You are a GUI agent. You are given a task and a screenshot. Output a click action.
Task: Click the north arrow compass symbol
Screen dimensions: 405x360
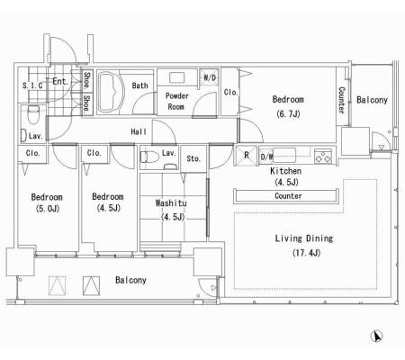(x=376, y=336)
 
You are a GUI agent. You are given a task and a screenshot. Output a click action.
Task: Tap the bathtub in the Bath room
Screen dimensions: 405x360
(x=111, y=92)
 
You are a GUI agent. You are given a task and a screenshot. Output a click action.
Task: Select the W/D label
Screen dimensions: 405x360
(x=210, y=77)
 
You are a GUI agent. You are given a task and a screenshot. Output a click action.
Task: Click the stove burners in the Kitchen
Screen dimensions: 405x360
(x=323, y=156)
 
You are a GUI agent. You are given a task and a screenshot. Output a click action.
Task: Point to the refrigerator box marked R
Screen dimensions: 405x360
(x=246, y=155)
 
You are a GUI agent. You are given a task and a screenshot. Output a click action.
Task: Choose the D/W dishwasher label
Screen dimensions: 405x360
(x=266, y=157)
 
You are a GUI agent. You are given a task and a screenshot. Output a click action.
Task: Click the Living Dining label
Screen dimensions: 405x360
(x=304, y=238)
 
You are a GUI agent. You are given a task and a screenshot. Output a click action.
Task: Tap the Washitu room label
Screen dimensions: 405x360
(x=171, y=203)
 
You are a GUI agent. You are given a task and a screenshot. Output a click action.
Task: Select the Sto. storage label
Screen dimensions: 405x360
(x=193, y=158)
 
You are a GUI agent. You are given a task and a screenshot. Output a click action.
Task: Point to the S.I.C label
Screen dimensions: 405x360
(x=32, y=85)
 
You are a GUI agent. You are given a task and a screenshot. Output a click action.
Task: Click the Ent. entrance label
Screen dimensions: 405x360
(x=60, y=81)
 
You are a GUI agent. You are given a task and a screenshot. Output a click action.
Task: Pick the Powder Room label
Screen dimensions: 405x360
(x=176, y=102)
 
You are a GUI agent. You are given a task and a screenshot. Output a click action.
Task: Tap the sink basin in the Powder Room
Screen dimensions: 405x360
(x=177, y=77)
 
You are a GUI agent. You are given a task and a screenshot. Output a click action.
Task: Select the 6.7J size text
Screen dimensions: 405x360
(x=288, y=114)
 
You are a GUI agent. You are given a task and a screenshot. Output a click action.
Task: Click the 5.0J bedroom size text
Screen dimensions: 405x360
(x=48, y=208)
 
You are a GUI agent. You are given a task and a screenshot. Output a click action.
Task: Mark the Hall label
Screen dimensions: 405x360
(x=139, y=131)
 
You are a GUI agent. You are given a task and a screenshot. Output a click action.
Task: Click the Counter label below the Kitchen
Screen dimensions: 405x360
(x=288, y=196)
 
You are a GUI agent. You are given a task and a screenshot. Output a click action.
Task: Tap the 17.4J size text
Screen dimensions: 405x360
(x=306, y=253)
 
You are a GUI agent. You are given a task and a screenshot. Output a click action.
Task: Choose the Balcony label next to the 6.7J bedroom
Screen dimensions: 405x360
(x=372, y=100)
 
